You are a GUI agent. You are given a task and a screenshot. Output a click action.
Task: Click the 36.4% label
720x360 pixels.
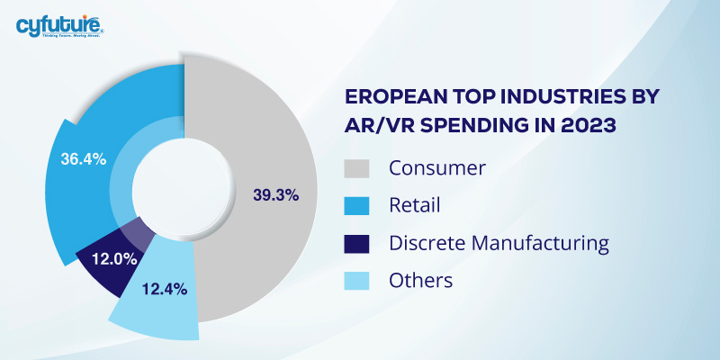coord(83,159)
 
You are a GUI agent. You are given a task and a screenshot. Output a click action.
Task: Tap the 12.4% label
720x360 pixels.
coord(164,289)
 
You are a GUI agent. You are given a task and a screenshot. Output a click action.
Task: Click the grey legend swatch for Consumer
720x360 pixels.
coord(358,168)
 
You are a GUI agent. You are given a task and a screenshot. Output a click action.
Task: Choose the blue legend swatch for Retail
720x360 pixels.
coord(358,206)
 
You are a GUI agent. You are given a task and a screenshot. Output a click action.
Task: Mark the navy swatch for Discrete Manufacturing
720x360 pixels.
coord(358,243)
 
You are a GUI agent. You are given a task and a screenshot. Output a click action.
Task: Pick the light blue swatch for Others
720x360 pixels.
coord(358,280)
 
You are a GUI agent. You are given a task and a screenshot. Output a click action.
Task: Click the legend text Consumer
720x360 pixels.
coord(436,168)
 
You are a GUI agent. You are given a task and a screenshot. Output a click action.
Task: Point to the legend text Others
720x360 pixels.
coord(420,280)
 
